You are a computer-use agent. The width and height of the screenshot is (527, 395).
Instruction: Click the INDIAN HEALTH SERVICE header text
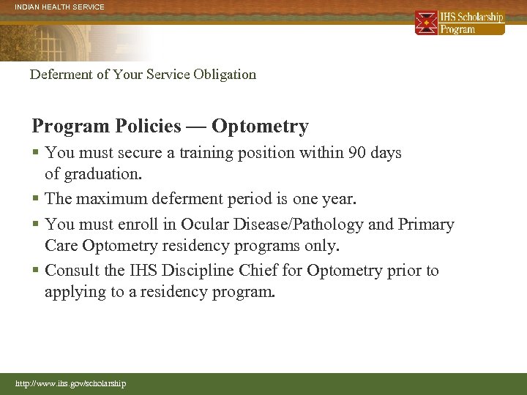pos(52,7)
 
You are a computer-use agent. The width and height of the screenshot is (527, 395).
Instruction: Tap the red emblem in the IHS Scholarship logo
pos(427,23)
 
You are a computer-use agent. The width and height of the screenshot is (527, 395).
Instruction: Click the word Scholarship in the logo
pos(482,17)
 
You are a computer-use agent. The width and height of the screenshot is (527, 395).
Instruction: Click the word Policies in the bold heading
pos(149,127)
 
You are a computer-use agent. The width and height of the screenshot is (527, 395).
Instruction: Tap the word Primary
pos(426,224)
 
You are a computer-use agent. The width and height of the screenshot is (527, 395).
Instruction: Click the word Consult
pos(73,271)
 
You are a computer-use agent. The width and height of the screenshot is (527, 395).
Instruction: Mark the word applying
pos(74,293)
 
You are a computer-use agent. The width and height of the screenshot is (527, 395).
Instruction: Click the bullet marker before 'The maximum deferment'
pos(35,199)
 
